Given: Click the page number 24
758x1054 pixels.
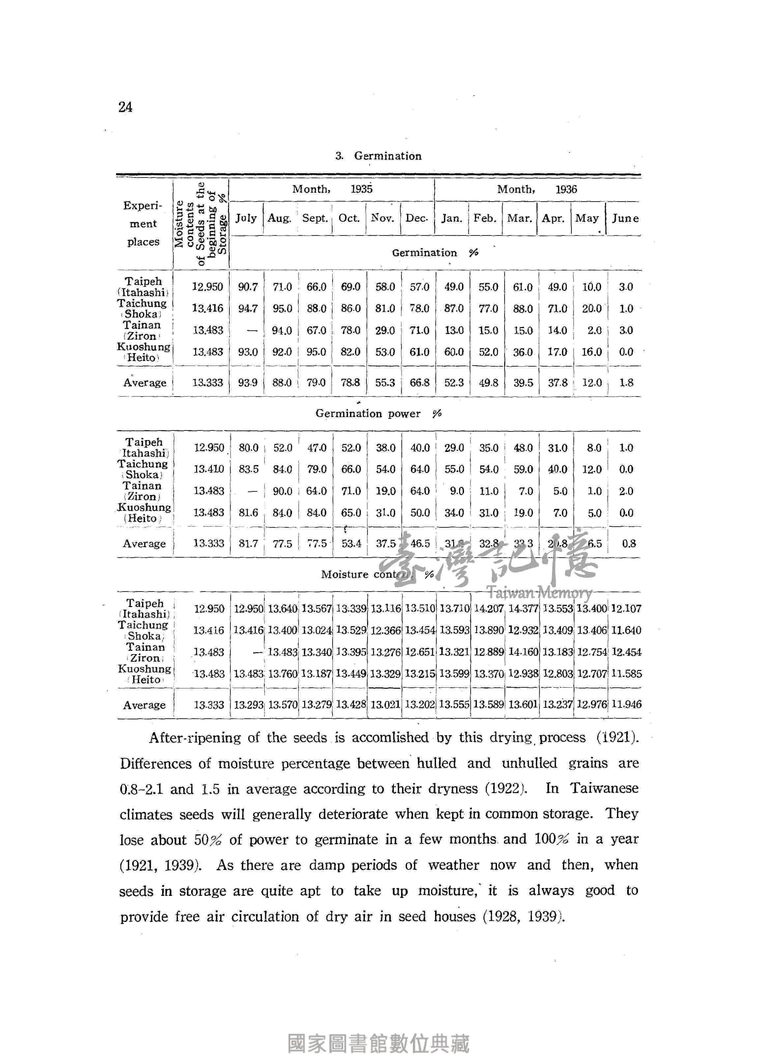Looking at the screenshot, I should pos(125,107).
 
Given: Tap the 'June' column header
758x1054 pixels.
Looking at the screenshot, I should pos(625,218).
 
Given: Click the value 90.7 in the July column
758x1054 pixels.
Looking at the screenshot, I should pos(248,287).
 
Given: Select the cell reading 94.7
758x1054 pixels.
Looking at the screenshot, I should pos(248,308).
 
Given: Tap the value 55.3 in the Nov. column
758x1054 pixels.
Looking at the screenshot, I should pos(385,382).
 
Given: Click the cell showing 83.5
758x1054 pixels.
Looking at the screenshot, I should pos(248,469).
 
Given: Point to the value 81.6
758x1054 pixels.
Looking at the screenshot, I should pos(248,512).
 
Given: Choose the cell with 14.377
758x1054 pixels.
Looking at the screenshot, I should pos(523,608).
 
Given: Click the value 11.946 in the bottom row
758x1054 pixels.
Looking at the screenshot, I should pos(626,704).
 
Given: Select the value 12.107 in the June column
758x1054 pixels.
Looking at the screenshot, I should pos(626,608).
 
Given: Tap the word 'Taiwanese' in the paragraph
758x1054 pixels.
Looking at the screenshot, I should pos(604,788).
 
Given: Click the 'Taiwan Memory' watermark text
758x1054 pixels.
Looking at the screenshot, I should pos(539,593).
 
